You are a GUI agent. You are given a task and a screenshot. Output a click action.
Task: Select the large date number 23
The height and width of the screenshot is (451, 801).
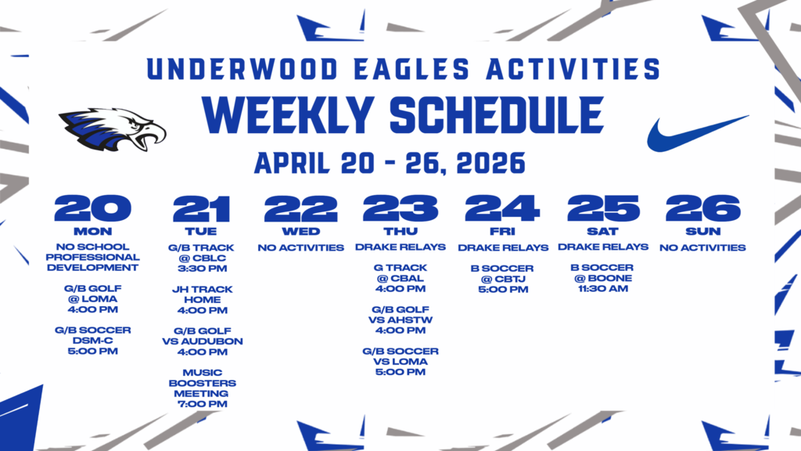coord(400,208)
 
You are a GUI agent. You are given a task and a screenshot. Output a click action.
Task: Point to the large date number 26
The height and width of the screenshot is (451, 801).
coord(702,208)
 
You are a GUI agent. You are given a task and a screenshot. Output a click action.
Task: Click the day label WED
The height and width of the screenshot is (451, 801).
coord(301,232)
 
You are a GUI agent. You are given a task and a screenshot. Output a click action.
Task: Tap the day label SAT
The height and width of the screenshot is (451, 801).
coord(602,232)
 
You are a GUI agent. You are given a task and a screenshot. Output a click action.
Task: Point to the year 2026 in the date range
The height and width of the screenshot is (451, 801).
coord(484,164)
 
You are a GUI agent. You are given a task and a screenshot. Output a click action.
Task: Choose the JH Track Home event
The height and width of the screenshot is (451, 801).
coord(202,299)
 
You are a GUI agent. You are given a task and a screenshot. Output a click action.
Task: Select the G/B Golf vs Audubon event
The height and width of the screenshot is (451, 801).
coord(203,341)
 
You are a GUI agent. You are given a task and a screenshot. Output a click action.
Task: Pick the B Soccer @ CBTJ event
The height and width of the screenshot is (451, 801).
coord(501,279)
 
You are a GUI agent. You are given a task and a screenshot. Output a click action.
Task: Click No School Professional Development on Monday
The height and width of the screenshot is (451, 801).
coord(92,257)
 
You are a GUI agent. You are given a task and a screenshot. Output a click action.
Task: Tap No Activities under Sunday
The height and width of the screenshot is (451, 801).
coord(702,247)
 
